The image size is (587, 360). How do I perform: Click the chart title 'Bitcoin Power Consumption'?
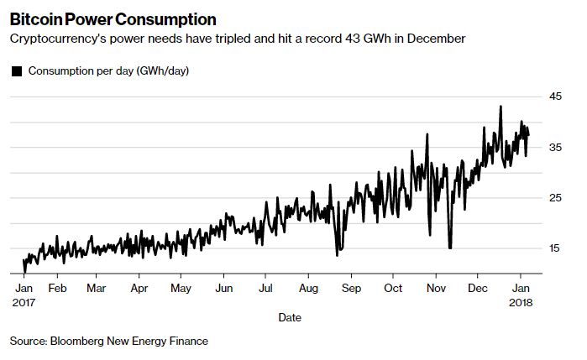point(113,19)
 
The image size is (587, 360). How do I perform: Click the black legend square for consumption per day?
point(17,71)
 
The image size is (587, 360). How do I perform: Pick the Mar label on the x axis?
point(97,287)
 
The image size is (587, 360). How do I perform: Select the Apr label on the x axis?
point(139,287)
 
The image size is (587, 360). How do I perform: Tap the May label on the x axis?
point(181,287)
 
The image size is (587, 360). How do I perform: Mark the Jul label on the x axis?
point(265,287)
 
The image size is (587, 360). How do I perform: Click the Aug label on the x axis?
point(308,287)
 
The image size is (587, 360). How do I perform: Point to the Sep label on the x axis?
point(351,287)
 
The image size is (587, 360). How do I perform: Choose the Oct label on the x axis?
point(393,287)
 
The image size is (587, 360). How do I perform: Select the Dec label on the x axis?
point(478,287)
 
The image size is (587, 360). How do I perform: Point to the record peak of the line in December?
point(501,107)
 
